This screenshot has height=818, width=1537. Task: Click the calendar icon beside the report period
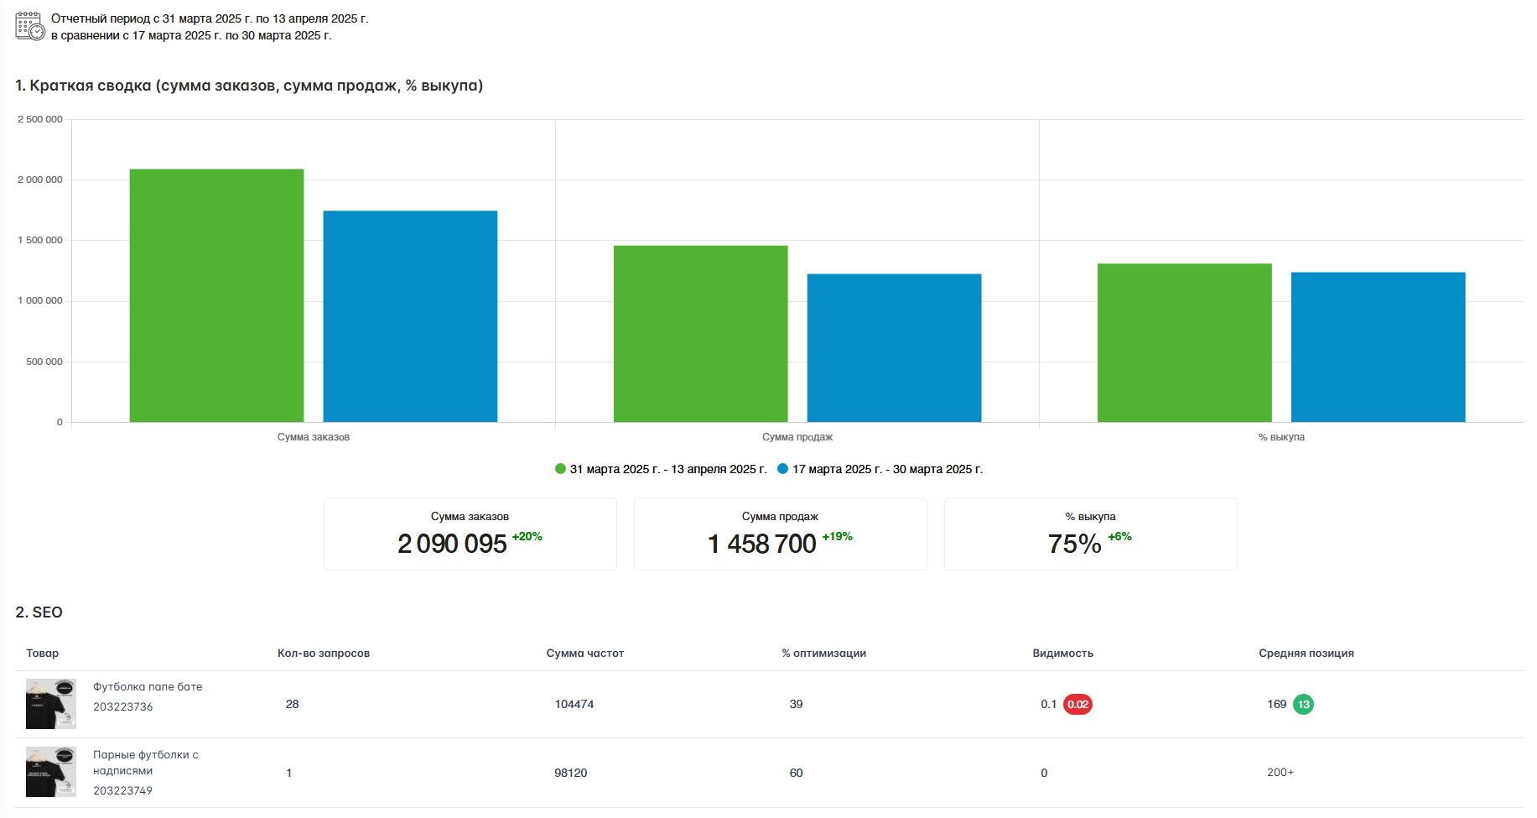click(x=30, y=26)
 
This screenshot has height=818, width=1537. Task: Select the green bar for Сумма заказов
click(x=216, y=295)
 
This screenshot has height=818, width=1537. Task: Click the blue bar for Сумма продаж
click(x=894, y=348)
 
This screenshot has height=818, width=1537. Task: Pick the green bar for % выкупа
click(x=1184, y=343)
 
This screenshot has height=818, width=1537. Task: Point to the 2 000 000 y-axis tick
click(x=40, y=180)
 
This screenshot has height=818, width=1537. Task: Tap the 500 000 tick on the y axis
click(x=44, y=362)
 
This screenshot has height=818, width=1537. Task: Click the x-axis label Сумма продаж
click(x=797, y=437)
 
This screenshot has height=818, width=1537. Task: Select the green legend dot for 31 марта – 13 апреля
click(x=560, y=469)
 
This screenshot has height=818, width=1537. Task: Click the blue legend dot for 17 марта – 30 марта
click(x=783, y=469)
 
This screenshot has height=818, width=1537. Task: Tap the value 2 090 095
click(x=452, y=544)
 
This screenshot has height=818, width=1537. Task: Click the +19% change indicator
click(x=837, y=537)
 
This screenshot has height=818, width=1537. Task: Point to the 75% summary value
click(x=1074, y=544)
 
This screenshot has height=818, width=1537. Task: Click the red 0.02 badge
click(x=1077, y=705)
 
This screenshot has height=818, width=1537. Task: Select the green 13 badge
click(x=1303, y=705)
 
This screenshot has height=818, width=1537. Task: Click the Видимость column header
click(x=1062, y=654)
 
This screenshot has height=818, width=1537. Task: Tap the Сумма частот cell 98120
click(x=570, y=773)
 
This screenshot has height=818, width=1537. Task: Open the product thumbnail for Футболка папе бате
click(x=51, y=704)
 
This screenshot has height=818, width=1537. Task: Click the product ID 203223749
click(x=122, y=791)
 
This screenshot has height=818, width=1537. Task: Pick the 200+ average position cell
click(x=1280, y=773)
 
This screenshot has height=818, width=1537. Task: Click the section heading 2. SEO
click(x=39, y=612)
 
